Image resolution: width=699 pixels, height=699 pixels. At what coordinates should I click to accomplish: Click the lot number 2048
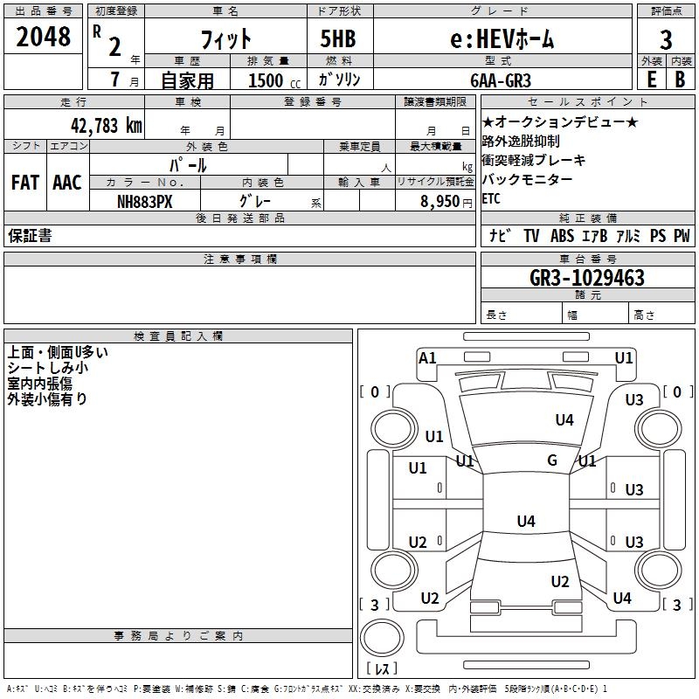click(x=43, y=37)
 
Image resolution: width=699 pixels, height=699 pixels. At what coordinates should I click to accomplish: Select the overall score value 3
click(x=666, y=40)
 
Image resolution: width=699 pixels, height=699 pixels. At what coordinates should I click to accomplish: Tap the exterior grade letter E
click(x=652, y=80)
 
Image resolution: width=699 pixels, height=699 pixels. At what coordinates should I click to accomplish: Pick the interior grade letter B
click(x=680, y=80)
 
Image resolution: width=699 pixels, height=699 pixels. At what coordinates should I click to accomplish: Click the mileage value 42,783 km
click(x=106, y=126)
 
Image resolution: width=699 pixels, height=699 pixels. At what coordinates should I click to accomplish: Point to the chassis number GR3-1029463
click(x=587, y=278)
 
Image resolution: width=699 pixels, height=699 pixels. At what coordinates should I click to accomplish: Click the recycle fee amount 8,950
click(x=440, y=201)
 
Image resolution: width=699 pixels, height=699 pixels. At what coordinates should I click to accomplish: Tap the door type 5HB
click(x=338, y=38)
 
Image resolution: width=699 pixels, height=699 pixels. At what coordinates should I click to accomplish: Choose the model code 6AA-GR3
click(x=501, y=80)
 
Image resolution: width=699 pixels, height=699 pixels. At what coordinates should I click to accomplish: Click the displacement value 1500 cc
click(x=274, y=80)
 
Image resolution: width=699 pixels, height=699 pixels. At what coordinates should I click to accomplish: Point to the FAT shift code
click(x=25, y=183)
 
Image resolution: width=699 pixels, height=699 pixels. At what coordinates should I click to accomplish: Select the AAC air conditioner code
click(x=67, y=183)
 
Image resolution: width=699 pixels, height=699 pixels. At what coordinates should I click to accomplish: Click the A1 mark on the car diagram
click(x=427, y=358)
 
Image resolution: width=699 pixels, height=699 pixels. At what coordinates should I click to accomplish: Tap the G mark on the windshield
click(x=552, y=460)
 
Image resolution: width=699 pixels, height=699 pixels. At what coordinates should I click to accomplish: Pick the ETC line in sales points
click(x=491, y=198)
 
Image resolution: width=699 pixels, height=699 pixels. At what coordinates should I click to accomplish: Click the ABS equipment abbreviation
click(x=562, y=236)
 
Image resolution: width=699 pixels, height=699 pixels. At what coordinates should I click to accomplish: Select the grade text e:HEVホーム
click(x=502, y=38)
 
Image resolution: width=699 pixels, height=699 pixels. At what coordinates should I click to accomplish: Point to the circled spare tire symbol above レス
click(x=382, y=638)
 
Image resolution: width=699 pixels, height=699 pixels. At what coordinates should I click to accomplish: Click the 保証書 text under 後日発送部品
click(x=30, y=235)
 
